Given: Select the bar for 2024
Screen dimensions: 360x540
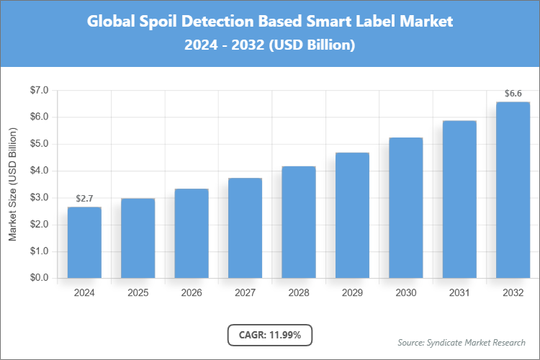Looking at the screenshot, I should click(x=84, y=243).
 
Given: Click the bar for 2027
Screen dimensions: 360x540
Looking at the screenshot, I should click(x=245, y=228).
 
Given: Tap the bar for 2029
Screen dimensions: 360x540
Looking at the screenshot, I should click(x=352, y=215).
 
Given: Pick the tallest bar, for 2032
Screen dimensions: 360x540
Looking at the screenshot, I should click(x=513, y=190).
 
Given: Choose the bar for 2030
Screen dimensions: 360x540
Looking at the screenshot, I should click(x=405, y=208).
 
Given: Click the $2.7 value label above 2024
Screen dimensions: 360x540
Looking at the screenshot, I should click(x=84, y=198).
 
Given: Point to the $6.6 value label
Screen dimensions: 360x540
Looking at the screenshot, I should click(x=513, y=94).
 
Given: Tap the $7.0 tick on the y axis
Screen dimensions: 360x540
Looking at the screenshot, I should click(x=38, y=91).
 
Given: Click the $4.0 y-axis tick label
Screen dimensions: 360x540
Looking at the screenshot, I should click(x=38, y=171).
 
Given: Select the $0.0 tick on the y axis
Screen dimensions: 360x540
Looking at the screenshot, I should click(x=38, y=279).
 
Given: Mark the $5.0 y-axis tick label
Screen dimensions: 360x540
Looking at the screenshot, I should click(x=38, y=144).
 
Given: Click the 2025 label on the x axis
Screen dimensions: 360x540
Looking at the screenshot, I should click(x=138, y=293).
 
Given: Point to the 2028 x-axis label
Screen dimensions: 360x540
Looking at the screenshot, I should click(x=298, y=293).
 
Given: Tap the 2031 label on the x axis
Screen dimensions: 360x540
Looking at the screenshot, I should click(x=459, y=293).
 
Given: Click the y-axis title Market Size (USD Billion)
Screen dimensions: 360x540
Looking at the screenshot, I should click(x=12, y=185).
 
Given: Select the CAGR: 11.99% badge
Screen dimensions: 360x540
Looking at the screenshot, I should click(x=269, y=335).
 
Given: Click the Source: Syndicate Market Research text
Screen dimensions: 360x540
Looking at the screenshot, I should click(x=461, y=342).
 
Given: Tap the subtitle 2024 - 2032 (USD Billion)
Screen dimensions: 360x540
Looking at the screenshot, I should click(x=269, y=45).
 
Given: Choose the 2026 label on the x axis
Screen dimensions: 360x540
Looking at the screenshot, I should click(x=192, y=293).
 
